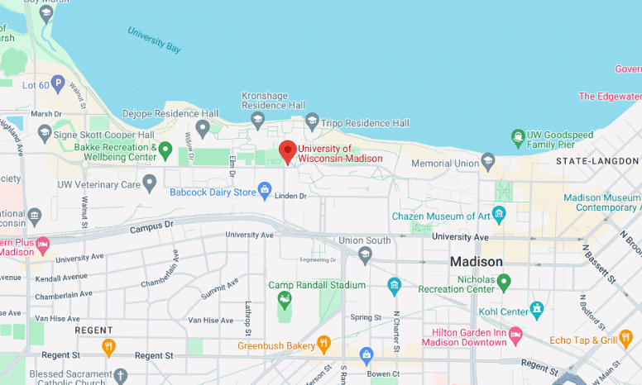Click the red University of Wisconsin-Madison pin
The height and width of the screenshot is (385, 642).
[287, 151]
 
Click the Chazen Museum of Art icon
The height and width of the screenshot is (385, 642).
[498, 215]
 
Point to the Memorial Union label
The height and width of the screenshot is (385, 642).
[445, 164]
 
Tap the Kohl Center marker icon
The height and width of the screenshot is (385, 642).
[537, 311]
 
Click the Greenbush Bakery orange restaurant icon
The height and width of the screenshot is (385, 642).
[324, 344]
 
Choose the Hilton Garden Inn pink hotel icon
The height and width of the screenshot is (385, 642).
[515, 335]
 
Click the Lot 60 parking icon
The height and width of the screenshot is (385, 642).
[57, 83]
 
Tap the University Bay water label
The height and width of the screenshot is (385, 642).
[154, 40]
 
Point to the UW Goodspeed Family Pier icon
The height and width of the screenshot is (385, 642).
[518, 135]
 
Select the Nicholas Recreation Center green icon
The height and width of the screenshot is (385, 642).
[503, 283]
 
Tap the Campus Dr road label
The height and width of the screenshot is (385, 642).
[151, 225]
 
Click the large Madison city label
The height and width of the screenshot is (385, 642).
[476, 262]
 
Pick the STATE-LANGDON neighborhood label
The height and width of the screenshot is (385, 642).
[592, 160]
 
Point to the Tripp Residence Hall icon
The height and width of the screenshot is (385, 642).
[312, 122]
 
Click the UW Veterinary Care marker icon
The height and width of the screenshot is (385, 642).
[150, 183]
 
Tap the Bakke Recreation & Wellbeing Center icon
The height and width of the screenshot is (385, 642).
[165, 150]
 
